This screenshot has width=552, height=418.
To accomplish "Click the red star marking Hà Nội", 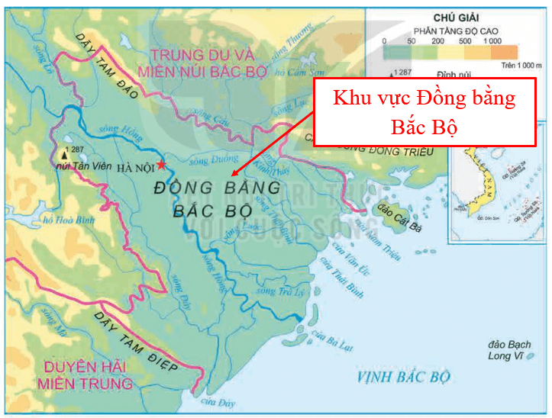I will pyautogui.click(x=161, y=165).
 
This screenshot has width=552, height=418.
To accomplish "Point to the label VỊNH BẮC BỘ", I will pyautogui.click(x=404, y=377).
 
